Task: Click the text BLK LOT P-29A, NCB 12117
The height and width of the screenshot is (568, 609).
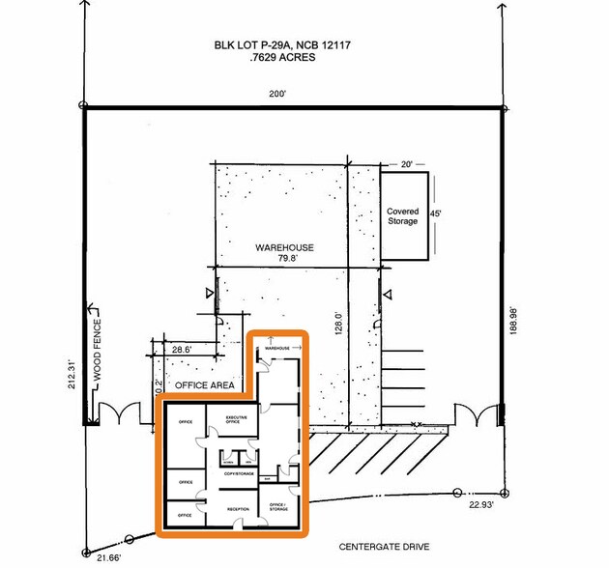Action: [x=279, y=44]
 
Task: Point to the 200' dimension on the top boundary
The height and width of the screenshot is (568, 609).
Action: [x=280, y=95]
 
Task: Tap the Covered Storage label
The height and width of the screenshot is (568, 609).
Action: [x=402, y=216]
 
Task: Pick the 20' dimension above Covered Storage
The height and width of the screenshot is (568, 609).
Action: [x=406, y=164]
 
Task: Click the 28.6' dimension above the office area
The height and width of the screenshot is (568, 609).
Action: [x=182, y=350]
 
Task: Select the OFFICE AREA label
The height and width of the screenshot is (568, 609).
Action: [x=204, y=384]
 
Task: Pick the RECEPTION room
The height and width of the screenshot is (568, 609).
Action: [x=238, y=508]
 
